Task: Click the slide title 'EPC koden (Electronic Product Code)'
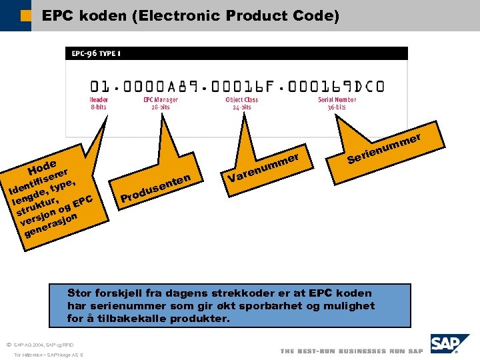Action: [190, 15]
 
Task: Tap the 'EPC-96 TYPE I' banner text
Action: [96, 53]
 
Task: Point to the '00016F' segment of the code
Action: [242, 86]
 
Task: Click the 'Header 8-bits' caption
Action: [99, 103]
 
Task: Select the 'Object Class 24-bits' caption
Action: [241, 103]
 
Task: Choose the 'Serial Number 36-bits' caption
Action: [337, 103]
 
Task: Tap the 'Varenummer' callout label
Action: [261, 169]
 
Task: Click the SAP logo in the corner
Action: [445, 344]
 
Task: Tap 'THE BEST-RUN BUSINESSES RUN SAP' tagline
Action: [351, 351]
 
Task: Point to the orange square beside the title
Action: [25, 15]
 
